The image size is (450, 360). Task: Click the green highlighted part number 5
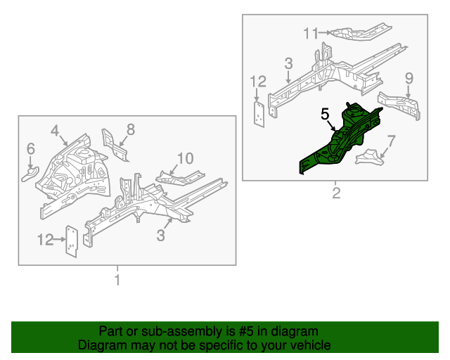point(341,141)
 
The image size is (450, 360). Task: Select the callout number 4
point(55,130)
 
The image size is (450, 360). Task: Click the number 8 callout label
point(130,129)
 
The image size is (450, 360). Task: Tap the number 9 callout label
point(409,77)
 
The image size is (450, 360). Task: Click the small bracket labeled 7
point(371,157)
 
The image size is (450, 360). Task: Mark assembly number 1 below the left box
point(117,281)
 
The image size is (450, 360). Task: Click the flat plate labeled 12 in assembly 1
point(71,241)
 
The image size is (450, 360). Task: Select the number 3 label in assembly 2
point(288,64)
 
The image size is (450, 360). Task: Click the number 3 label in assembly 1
point(161,236)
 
